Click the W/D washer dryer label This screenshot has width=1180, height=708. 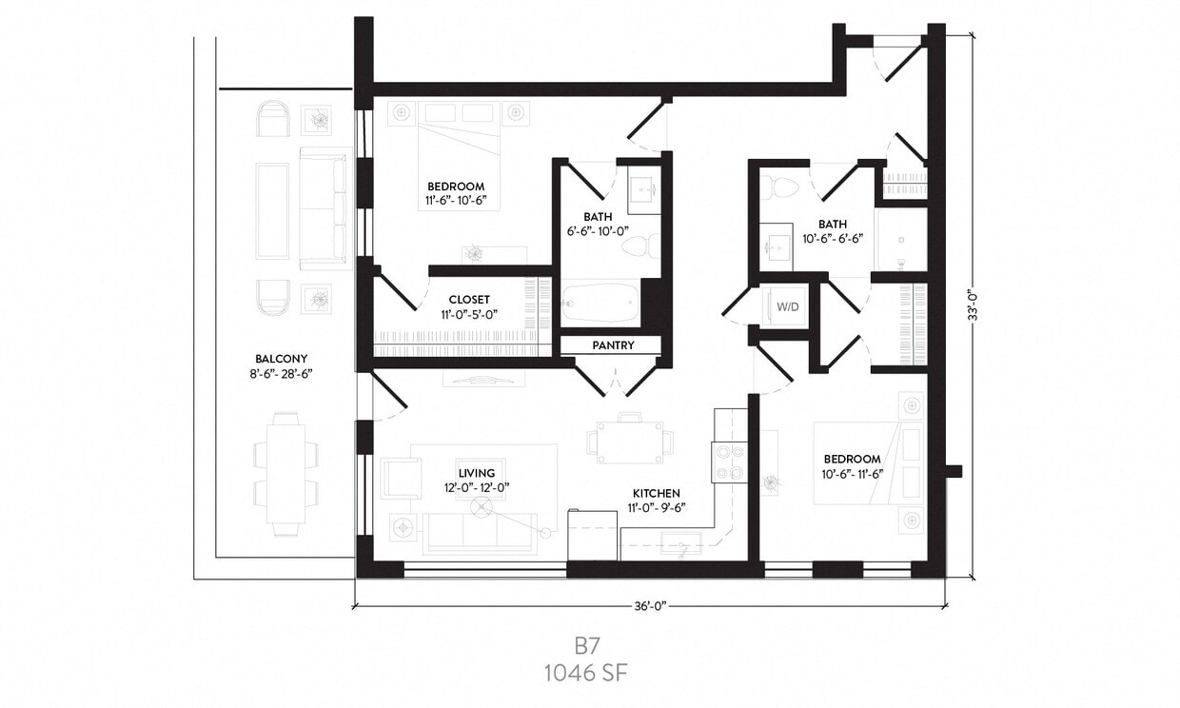tap(788, 307)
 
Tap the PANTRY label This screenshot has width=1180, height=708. tap(613, 345)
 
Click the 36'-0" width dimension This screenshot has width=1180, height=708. tap(649, 605)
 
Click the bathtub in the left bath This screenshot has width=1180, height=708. tap(599, 302)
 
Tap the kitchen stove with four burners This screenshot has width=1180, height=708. tap(730, 462)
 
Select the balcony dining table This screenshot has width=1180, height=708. tap(285, 472)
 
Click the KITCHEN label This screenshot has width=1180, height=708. tap(657, 493)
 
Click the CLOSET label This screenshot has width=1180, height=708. tap(469, 300)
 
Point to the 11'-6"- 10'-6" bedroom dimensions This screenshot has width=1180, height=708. tap(456, 201)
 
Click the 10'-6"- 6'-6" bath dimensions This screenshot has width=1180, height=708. tap(835, 239)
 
